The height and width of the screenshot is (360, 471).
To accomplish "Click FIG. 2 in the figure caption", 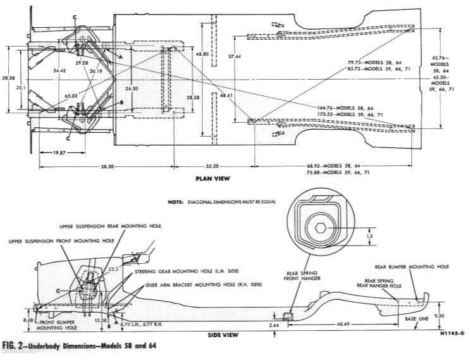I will (14, 346).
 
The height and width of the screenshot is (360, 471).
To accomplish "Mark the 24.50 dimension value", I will (131, 88).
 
